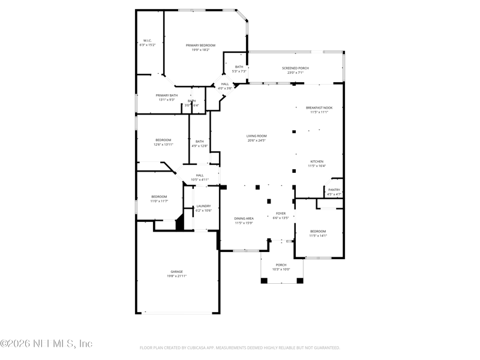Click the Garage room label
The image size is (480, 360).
(x=176, y=271)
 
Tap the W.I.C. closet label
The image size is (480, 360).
(x=148, y=41)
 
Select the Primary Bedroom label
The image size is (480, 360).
(x=200, y=46)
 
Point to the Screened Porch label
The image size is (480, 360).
(x=295, y=68)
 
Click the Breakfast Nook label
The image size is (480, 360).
(x=319, y=107)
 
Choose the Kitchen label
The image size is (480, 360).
(x=317, y=161)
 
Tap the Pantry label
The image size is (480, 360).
(x=334, y=190)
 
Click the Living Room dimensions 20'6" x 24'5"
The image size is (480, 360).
(x=257, y=140)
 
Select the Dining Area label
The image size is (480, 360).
(x=244, y=218)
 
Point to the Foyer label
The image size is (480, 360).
(x=281, y=214)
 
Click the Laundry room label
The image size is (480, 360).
(x=203, y=206)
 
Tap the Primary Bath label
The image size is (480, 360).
(x=167, y=95)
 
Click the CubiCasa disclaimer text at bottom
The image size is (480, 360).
(x=240, y=347)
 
